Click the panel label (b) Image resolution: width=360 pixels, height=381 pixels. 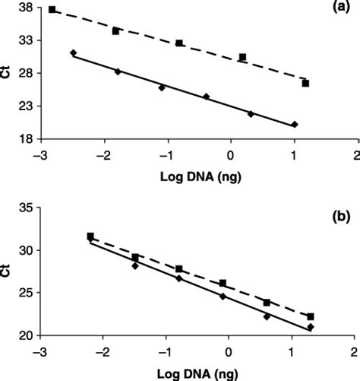point(337,215)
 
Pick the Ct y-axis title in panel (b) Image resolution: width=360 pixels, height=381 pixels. point(7,271)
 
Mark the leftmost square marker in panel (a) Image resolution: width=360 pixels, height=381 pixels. point(52,9)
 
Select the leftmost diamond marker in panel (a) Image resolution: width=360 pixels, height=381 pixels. point(73,52)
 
